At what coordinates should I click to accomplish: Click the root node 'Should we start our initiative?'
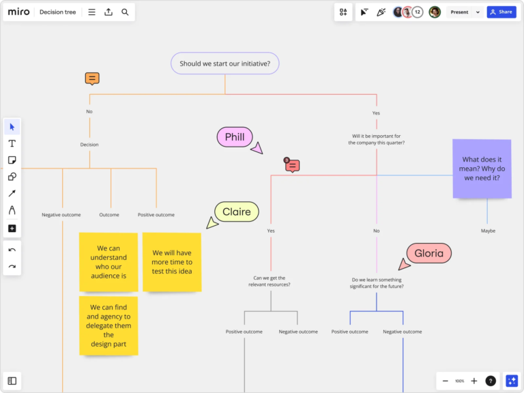coord(224,63)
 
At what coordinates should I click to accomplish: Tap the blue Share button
coord(501,12)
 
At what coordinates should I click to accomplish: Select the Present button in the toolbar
coord(459,12)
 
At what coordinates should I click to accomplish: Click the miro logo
coord(18,12)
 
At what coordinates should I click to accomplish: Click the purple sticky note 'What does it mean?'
coord(482,169)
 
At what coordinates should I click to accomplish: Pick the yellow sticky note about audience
coord(108,262)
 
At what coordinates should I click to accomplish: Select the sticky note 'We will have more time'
coord(172,262)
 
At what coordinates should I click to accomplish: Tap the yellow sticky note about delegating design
coord(108,325)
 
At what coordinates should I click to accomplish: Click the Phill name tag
coord(235,137)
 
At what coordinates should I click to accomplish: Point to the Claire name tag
coord(237,212)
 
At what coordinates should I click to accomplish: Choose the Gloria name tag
coord(429,254)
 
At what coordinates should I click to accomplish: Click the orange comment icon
coord(92,78)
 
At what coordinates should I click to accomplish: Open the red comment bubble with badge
coord(292,165)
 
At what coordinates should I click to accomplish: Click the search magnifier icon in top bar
coord(125,12)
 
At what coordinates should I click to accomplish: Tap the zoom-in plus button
coord(474,381)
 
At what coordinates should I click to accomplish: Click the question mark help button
coord(491,381)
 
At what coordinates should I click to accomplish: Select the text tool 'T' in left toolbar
coord(12,143)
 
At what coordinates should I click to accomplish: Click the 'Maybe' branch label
coord(488,231)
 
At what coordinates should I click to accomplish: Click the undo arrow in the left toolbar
coord(12,250)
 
